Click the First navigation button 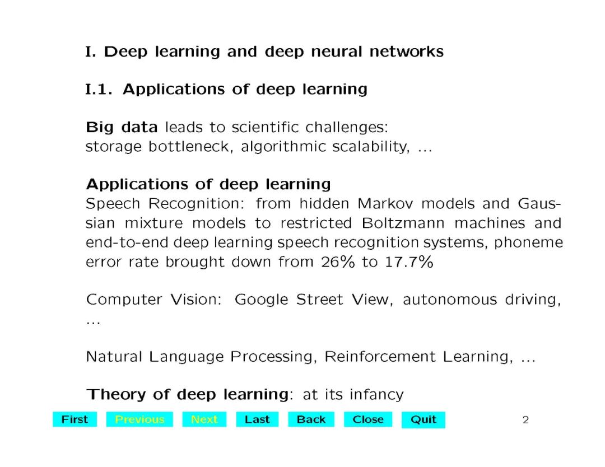click(x=75, y=419)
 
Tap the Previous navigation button click(x=139, y=419)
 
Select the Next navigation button click(x=204, y=419)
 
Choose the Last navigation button click(x=257, y=419)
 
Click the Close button click(x=368, y=419)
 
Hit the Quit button click(x=424, y=420)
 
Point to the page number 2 click(x=525, y=420)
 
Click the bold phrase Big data click(x=122, y=128)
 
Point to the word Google click(x=262, y=300)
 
